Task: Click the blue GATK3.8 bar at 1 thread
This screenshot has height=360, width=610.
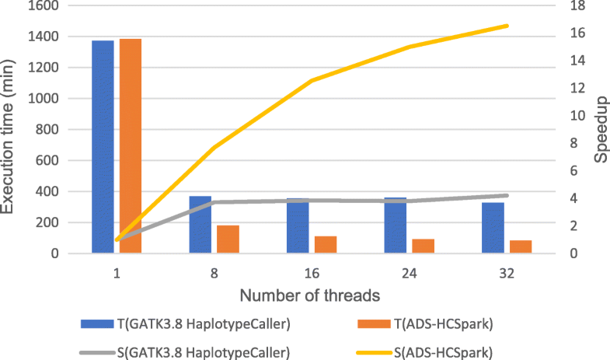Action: coord(103,146)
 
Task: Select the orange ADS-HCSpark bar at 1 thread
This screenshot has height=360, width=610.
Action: coord(131,145)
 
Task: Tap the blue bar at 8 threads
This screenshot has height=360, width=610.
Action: coord(200,224)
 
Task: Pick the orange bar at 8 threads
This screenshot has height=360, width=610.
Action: coord(228,239)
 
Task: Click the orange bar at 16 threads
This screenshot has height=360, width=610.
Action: coord(325,244)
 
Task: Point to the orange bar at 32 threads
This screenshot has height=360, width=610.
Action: coord(520,246)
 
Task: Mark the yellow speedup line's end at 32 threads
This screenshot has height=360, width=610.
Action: coord(507,26)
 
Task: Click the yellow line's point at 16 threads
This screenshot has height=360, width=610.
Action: coord(312,81)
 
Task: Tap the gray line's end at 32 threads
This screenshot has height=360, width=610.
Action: coord(507,195)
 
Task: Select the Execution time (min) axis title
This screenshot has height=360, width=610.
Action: coord(9,128)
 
